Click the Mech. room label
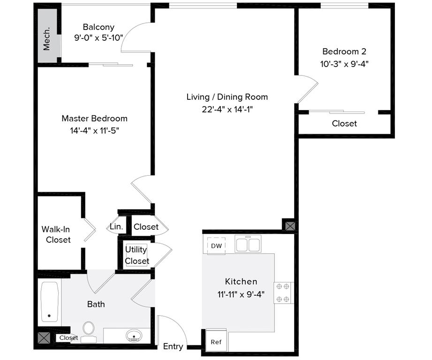(47, 41)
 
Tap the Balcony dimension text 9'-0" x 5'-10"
(98, 38)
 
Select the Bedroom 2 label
(344, 52)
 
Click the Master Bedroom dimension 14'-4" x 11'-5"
(94, 130)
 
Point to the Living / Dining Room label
(227, 97)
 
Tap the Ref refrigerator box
(216, 342)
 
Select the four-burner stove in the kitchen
(284, 292)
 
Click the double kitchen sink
(248, 245)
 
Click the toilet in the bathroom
(88, 330)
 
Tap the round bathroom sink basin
(135, 335)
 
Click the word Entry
(173, 346)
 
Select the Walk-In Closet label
(56, 234)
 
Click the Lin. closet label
(116, 227)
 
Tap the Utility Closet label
(136, 255)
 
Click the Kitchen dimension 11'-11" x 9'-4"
(241, 294)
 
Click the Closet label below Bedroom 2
(344, 124)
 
